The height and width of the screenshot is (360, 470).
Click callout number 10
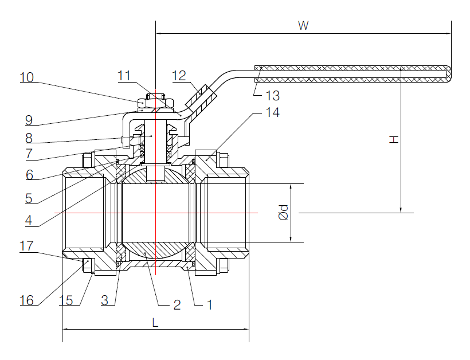click(x=26, y=77)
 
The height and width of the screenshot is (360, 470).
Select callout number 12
click(x=179, y=75)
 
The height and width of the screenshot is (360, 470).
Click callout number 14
click(x=272, y=112)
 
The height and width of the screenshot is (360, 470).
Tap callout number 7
click(x=29, y=155)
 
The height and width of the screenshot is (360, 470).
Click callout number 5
click(x=29, y=198)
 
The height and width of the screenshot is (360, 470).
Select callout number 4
click(x=29, y=220)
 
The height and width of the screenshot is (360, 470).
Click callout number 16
click(x=26, y=300)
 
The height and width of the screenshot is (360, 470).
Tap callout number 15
click(x=67, y=300)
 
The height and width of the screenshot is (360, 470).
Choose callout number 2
click(x=177, y=304)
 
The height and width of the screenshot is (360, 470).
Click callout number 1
click(x=209, y=304)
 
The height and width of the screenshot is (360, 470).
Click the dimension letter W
click(x=303, y=25)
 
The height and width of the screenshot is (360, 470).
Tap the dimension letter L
click(x=155, y=322)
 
